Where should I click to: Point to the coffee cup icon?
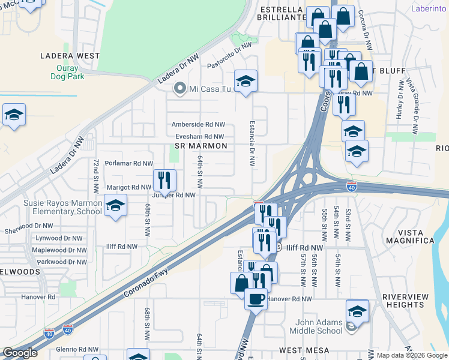[x=256, y=298]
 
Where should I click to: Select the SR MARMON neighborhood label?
[x=200, y=146]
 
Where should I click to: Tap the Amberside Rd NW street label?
[x=198, y=125]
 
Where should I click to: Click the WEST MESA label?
[x=306, y=350]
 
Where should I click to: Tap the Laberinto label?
[x=429, y=8]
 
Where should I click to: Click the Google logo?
[x=20, y=353]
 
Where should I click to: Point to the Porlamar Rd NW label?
[x=128, y=163]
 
